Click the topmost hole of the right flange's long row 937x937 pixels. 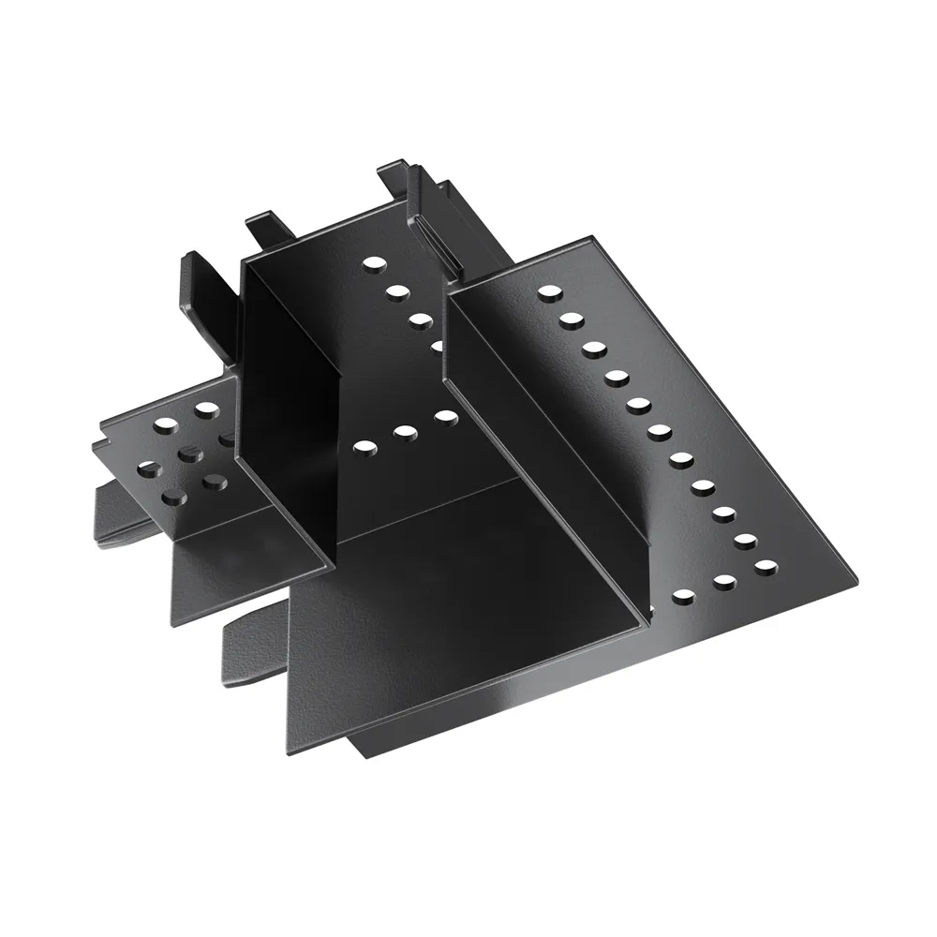tap(547, 292)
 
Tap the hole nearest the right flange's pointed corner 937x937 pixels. tap(766, 566)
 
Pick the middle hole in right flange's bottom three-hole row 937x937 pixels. tap(723, 582)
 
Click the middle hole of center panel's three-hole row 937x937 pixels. tap(405, 432)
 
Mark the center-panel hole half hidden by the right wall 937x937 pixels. tap(438, 345)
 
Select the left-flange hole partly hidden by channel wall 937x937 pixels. tap(228, 438)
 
